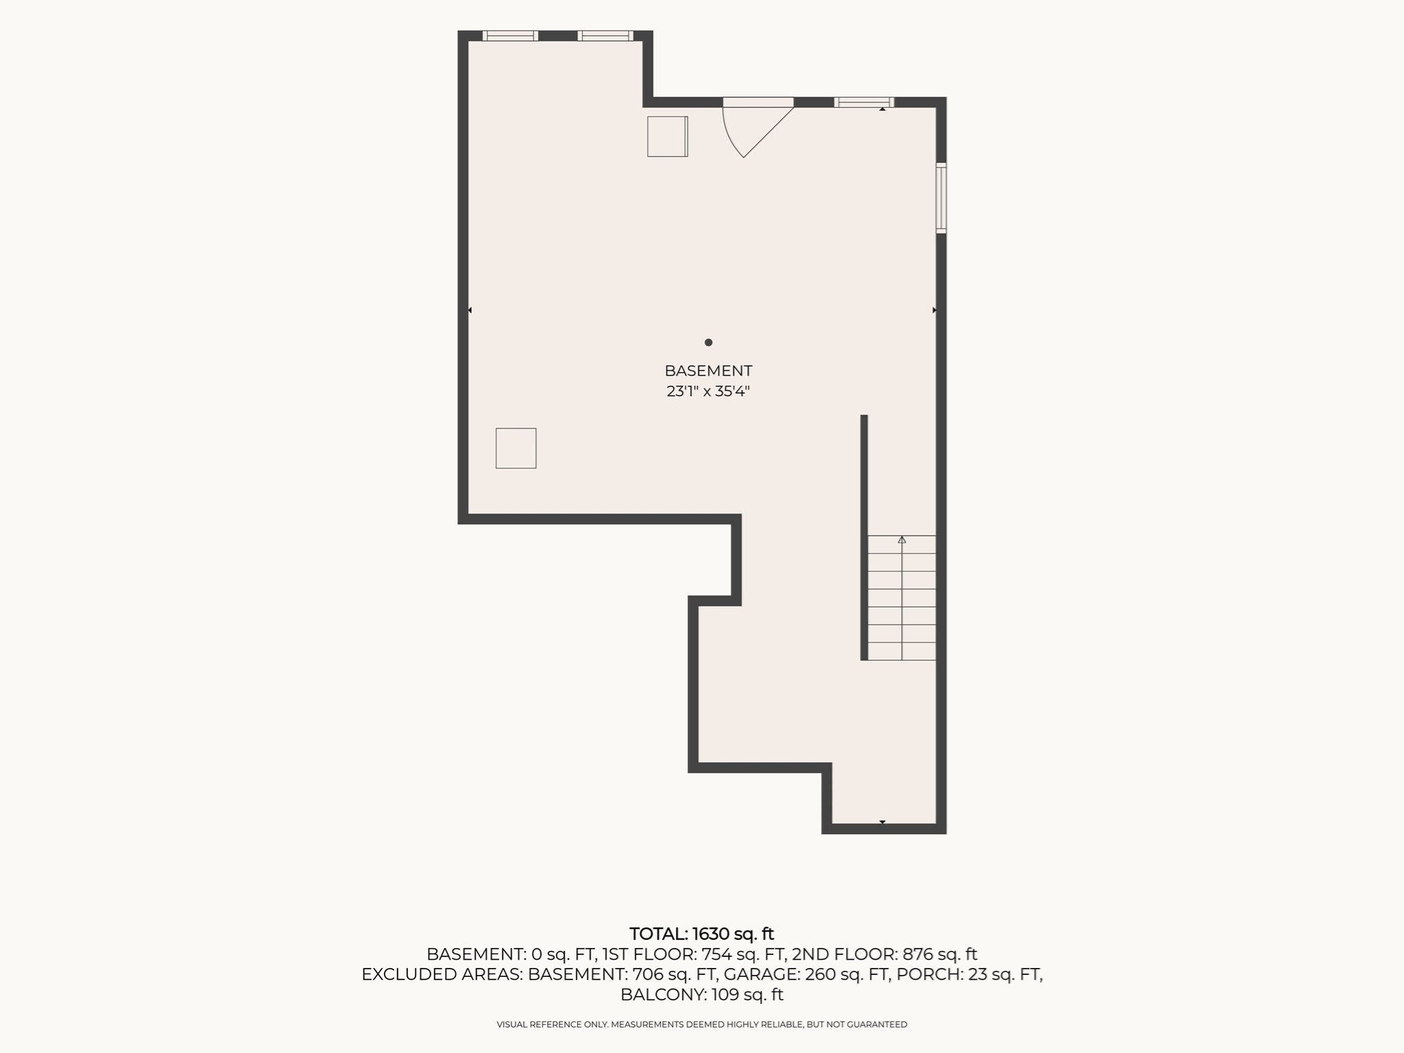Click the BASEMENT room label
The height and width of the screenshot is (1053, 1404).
coord(708,371)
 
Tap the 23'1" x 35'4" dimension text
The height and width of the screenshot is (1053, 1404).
coord(708,391)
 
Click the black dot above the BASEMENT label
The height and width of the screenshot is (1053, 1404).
coord(708,342)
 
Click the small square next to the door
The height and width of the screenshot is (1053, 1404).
coord(668,136)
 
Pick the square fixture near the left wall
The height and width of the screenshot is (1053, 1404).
coord(516,448)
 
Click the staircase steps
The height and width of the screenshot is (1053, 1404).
coord(901,598)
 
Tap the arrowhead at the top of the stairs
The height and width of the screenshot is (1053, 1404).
coord(901,540)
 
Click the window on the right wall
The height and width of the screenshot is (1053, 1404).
coord(941,198)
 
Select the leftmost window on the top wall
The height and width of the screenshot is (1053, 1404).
coord(510,36)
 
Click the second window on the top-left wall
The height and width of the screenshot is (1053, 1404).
coord(605,36)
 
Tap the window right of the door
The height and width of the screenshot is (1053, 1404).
coord(864,102)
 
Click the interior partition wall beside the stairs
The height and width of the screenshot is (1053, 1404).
coord(864,537)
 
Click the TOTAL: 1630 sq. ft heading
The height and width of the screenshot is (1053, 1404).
coord(701,934)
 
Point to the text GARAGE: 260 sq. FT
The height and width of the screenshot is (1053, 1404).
coord(806,974)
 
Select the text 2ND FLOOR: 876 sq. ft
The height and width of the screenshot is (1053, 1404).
coord(884,954)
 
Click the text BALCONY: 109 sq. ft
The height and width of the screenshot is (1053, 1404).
coord(702,995)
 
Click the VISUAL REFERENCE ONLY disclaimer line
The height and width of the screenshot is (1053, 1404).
coord(702,1024)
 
